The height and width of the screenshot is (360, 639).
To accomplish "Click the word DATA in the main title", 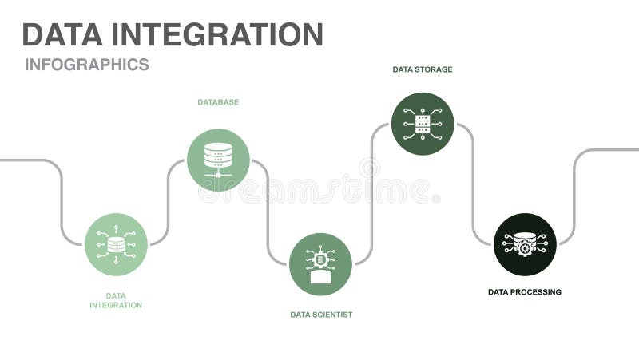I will point(62,34).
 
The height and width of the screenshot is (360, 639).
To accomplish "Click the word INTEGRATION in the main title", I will point(216,34).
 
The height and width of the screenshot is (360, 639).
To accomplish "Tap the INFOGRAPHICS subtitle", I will point(86,65).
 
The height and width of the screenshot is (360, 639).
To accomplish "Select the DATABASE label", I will point(218,102).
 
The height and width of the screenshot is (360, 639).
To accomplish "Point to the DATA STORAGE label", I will point(422,69).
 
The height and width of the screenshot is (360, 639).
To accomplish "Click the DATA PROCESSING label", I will point(524,292).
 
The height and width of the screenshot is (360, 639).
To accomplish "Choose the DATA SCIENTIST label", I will point(320,315).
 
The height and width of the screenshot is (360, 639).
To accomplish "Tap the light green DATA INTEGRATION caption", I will point(116,300).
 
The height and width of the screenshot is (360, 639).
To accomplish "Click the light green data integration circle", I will point(116,244).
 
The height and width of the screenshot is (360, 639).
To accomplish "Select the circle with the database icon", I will point(218,160).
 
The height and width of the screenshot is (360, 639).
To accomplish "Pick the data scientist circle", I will point(320,263).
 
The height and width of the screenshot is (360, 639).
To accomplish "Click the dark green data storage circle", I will point(423,124).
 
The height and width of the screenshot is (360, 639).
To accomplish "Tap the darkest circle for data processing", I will point(525,244).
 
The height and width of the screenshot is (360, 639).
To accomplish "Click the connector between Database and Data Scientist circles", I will point(268,212).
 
